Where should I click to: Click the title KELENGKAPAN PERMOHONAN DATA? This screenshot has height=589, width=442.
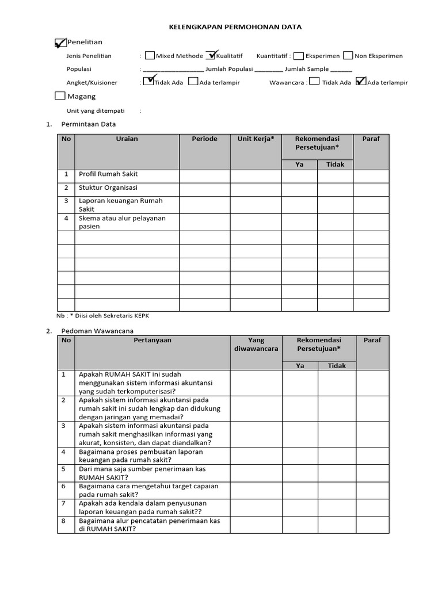pyautogui.click(x=234, y=26)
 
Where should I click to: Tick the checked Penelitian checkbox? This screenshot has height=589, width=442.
pyautogui.click(x=60, y=43)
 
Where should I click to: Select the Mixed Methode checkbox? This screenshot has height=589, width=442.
pyautogui.click(x=150, y=56)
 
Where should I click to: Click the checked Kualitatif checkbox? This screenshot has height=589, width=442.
pyautogui.click(x=210, y=56)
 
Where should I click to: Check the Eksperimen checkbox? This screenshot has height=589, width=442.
pyautogui.click(x=299, y=56)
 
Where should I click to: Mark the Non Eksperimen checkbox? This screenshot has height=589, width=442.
pyautogui.click(x=348, y=56)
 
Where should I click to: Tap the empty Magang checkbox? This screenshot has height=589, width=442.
pyautogui.click(x=60, y=96)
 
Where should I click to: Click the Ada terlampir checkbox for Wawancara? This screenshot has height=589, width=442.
pyautogui.click(x=361, y=82)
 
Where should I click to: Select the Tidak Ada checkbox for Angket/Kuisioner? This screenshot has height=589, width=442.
pyautogui.click(x=149, y=82)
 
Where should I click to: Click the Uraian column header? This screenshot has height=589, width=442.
pyautogui.click(x=127, y=139)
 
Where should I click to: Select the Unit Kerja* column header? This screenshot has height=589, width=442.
pyautogui.click(x=256, y=139)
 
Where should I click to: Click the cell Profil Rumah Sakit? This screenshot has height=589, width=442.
pyautogui.click(x=109, y=174)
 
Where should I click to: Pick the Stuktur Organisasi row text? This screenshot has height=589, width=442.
pyautogui.click(x=109, y=188)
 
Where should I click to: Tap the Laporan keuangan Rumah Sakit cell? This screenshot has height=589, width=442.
pyautogui.click(x=121, y=205)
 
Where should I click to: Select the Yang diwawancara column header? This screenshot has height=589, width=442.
pyautogui.click(x=256, y=344)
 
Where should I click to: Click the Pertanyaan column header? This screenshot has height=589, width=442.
pyautogui.click(x=152, y=340)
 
